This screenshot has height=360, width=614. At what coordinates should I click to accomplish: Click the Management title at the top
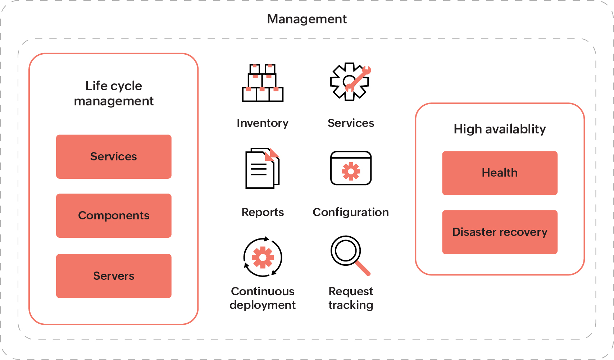(x=306, y=19)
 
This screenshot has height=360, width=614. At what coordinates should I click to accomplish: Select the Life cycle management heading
(x=114, y=94)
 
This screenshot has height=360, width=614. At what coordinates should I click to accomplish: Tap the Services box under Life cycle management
(x=114, y=156)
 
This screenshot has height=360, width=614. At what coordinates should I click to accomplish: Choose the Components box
(x=114, y=215)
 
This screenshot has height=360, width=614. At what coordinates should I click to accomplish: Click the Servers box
(x=114, y=276)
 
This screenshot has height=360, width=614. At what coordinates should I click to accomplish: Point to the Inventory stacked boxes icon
(x=263, y=83)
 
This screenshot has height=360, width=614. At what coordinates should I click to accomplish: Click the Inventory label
(x=263, y=123)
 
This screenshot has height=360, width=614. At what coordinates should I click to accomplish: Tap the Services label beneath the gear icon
(x=351, y=123)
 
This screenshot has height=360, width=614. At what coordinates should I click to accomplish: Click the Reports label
(x=263, y=212)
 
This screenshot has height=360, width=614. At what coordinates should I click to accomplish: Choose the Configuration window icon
(x=351, y=168)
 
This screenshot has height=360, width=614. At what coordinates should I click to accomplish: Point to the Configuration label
(x=351, y=212)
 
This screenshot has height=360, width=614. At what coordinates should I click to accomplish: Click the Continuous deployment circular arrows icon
(x=263, y=257)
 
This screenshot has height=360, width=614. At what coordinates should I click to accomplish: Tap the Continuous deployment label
(x=263, y=298)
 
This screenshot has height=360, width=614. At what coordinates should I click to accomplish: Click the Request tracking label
(x=351, y=298)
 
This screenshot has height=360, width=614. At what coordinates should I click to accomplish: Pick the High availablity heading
(x=500, y=129)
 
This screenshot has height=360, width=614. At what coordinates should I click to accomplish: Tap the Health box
(x=500, y=173)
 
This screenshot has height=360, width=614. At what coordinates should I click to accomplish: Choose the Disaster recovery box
(x=500, y=232)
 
